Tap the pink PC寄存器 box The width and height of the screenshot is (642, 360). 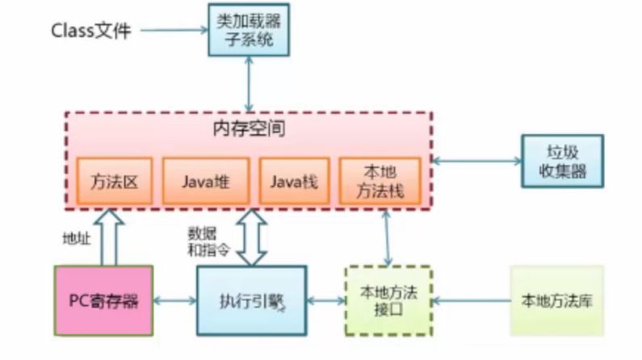pos(103,300)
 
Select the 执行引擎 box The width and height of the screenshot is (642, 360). pos(252,301)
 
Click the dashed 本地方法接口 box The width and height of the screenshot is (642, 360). pos(388,300)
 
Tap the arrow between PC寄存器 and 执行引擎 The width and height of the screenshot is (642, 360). pos(175,301)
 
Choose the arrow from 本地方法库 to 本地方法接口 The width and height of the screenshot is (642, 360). pos(470,301)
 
